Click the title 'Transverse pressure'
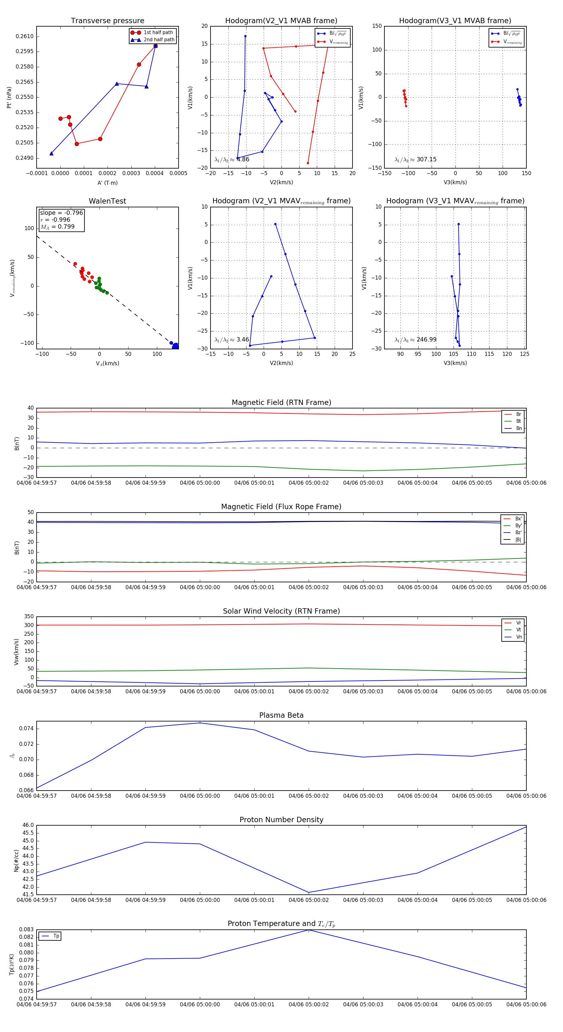point(107,21)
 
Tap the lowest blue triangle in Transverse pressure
point(51,154)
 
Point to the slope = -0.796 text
point(61,213)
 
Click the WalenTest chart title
point(107,201)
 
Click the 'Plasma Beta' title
point(281,715)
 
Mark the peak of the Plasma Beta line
point(200,723)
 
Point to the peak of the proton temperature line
point(308,930)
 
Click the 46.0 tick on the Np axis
point(28,825)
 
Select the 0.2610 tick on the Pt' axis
point(24,37)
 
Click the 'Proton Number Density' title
point(281,820)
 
